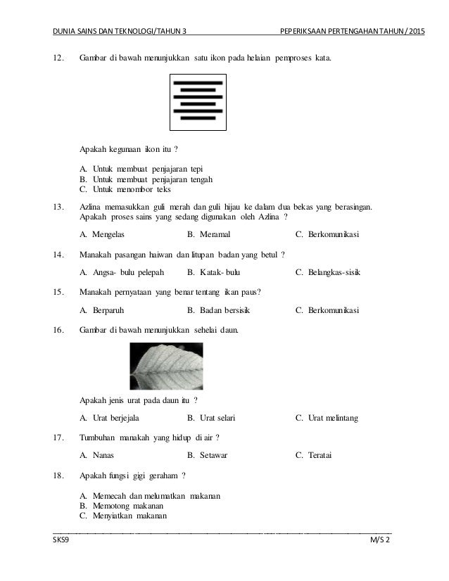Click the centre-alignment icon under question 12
198,103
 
